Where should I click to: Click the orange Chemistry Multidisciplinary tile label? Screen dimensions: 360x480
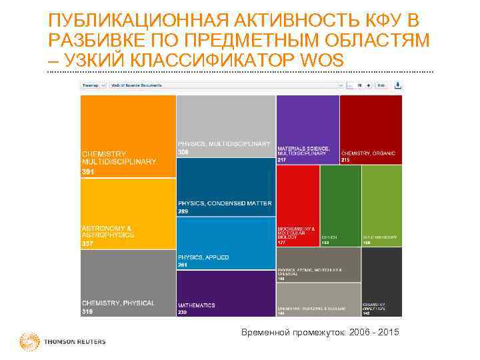point(119,157)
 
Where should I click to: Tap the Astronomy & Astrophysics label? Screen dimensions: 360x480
point(107,231)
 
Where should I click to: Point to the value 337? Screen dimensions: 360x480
point(88,243)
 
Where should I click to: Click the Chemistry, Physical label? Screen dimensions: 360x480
point(118,303)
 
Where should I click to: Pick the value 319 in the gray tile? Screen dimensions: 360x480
point(88,311)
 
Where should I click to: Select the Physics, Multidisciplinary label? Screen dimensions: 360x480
point(223,144)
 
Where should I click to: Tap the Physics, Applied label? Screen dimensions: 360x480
point(203,257)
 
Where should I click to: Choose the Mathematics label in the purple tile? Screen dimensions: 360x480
point(197,305)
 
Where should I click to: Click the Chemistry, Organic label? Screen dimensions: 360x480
point(369,153)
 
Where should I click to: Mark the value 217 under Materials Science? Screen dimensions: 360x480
point(281,160)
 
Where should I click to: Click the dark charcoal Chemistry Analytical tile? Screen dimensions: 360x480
point(382,280)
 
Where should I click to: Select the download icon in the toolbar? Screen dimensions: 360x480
point(398,85)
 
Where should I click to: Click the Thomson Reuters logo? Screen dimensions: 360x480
point(63,342)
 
